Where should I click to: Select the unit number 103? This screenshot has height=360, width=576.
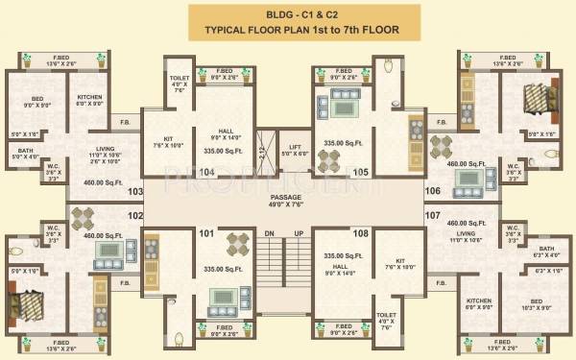pyautogui.click(x=134, y=191)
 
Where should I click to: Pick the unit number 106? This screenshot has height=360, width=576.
pyautogui.click(x=432, y=191)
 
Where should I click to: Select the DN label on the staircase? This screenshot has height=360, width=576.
pyautogui.click(x=270, y=233)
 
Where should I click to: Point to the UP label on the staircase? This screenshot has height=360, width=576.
pyautogui.click(x=300, y=233)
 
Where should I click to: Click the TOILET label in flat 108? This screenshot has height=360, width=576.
pyautogui.click(x=387, y=314)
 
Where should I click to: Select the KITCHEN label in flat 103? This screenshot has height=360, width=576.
pyautogui.click(x=89, y=97)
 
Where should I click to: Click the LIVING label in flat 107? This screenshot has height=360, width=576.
pyautogui.click(x=465, y=233)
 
